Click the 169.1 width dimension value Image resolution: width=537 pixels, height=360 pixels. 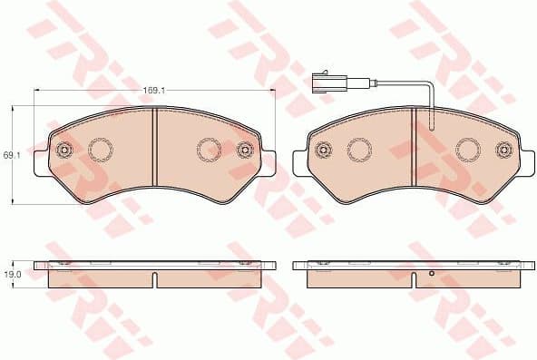152,91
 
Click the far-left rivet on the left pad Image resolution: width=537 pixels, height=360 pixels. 63,150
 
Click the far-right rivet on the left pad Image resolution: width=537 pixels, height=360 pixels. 244,150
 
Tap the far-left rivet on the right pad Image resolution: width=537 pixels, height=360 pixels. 322,150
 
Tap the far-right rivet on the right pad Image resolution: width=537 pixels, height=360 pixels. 503,150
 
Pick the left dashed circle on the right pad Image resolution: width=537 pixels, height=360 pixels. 358,148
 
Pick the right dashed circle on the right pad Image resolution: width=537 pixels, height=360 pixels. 467,148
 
